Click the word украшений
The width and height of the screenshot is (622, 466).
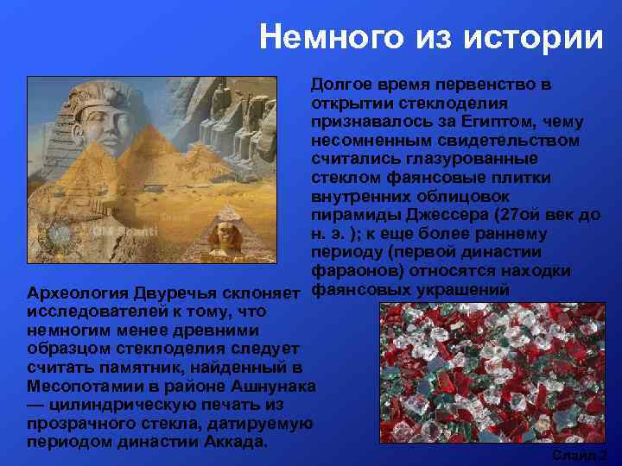click(466, 290)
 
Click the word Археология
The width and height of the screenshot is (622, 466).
click(75, 292)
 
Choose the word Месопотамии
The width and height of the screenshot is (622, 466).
click(79, 386)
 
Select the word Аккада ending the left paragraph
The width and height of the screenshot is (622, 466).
click(234, 441)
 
